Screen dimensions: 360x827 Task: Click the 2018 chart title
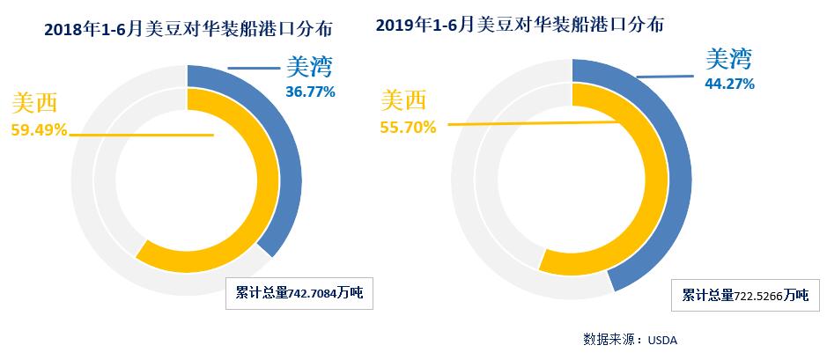(176, 30)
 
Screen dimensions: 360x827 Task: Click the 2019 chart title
(520, 25)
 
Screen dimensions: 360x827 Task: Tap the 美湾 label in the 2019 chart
(728, 60)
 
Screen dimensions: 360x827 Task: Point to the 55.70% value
(408, 127)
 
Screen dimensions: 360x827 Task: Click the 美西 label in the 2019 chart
(404, 100)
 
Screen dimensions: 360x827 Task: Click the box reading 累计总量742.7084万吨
(299, 295)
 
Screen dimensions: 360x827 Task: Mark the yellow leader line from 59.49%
(141, 135)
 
